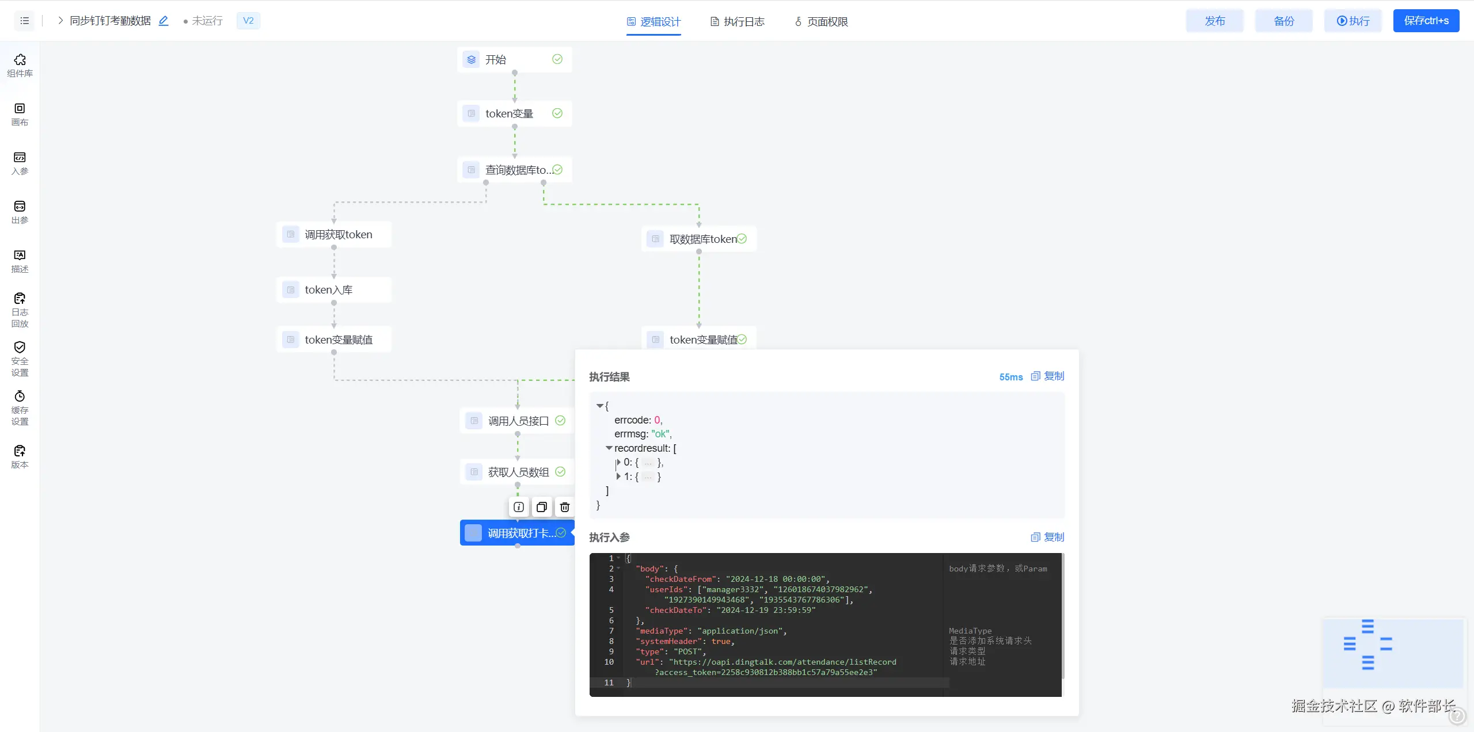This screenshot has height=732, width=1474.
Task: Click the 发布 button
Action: point(1214,21)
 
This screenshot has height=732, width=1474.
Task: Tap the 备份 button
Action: point(1283,21)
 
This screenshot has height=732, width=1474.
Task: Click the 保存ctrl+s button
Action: point(1426,21)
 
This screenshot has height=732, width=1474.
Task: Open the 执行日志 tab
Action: point(737,22)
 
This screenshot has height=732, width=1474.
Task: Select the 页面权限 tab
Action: point(821,22)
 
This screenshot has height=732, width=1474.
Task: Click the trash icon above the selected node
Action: point(565,508)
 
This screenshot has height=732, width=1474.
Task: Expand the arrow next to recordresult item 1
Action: point(618,476)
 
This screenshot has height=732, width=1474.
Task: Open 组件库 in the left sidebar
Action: point(20,66)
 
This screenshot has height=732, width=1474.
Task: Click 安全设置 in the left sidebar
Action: point(20,359)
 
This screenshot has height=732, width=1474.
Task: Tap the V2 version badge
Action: point(248,21)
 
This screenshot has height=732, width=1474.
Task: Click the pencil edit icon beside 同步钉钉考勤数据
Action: point(164,21)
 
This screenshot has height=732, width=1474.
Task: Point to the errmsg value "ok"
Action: point(660,434)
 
